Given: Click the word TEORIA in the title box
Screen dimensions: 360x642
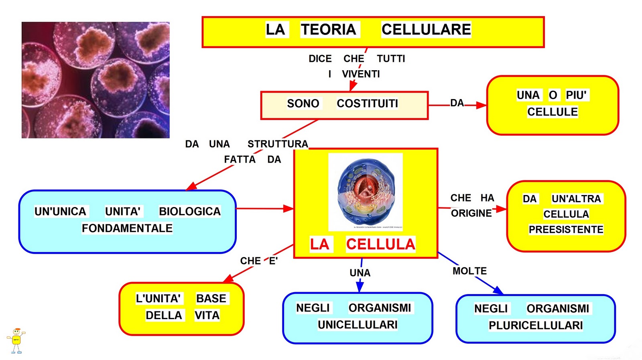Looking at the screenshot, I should click(329, 30).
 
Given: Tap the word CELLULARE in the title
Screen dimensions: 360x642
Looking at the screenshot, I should click(426, 30).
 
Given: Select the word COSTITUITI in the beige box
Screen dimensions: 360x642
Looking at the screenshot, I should click(367, 104).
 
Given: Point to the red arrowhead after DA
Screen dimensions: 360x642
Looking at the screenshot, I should click(481, 106).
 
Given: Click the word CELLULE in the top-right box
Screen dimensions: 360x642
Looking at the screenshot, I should click(553, 112).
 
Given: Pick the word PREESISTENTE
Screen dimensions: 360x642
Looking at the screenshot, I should click(566, 230).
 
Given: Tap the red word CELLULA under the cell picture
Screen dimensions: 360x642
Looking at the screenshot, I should click(380, 244).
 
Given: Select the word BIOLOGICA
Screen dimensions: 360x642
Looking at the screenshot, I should click(189, 212).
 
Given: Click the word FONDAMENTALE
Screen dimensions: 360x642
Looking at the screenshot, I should click(127, 228).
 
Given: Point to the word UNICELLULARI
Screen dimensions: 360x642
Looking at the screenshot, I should click(358, 325).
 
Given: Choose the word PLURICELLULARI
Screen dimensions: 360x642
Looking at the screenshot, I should click(536, 325).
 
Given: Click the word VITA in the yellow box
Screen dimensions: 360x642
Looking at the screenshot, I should click(207, 315).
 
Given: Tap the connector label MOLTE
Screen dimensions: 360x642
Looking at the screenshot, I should click(469, 271).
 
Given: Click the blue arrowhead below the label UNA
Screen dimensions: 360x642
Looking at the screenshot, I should click(360, 287).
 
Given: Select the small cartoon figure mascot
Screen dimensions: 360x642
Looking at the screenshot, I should click(16, 341).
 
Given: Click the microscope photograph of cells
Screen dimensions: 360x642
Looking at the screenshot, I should click(95, 80).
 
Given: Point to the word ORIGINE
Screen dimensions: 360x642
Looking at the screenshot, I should click(471, 214).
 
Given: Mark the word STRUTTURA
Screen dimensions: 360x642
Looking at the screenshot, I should click(278, 144).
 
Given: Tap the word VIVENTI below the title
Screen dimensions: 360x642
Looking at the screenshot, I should click(361, 74).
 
